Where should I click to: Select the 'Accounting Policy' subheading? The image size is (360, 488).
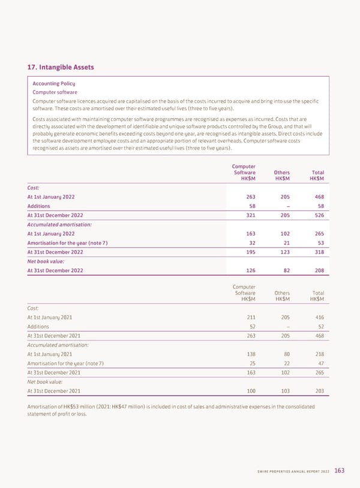point(53,83)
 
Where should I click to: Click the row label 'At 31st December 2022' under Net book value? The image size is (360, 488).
point(55,270)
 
